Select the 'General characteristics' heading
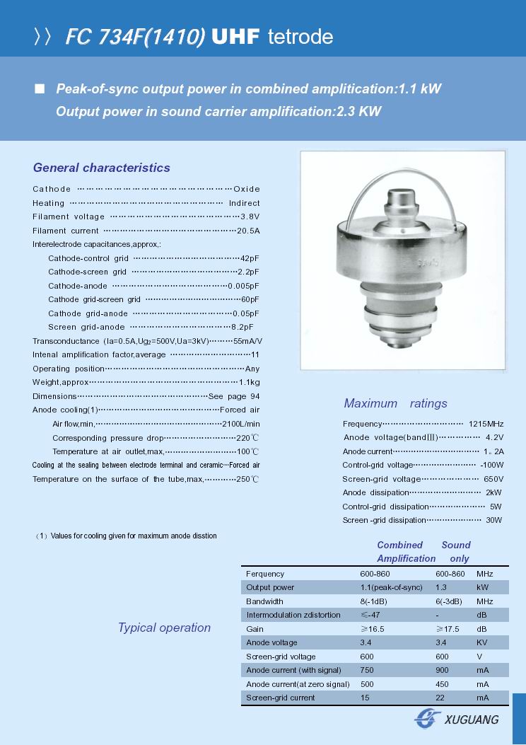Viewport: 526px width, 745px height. [102, 168]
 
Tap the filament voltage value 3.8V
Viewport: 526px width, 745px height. [250, 216]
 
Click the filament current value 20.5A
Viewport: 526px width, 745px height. [248, 231]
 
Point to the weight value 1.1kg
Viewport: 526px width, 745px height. [250, 382]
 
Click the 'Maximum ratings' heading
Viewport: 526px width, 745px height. [395, 403]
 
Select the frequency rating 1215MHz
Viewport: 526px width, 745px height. [486, 424]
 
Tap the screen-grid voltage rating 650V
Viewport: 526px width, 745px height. [493, 479]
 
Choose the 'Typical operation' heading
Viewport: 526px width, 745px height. [164, 628]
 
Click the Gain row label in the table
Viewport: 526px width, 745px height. [255, 629]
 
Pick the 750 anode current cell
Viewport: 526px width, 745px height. [367, 670]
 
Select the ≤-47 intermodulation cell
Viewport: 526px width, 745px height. [370, 615]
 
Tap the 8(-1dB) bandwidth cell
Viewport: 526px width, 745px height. [373, 601]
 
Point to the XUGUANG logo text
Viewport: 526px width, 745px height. [471, 720]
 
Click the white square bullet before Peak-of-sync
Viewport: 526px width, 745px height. [40, 89]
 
